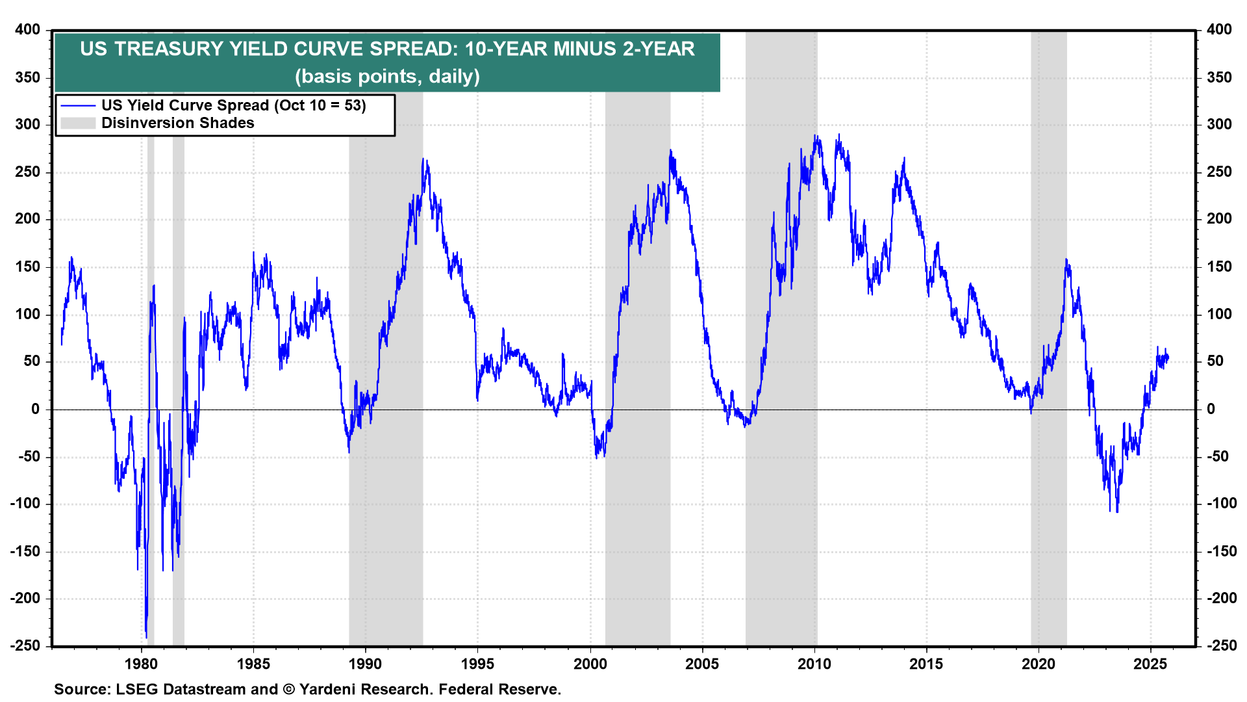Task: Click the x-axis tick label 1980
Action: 141,664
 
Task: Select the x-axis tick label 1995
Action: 477,664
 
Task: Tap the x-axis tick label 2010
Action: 814,664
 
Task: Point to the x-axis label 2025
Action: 1150,664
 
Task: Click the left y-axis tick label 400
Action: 28,29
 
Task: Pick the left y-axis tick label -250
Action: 25,645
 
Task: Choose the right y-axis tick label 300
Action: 1219,124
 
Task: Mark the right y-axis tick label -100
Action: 1222,503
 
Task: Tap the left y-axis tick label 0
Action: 35,409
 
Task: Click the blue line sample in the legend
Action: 78,105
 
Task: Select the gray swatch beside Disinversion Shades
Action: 78,123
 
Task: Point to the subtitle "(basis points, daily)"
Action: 387,76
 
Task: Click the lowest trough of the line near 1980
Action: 146,637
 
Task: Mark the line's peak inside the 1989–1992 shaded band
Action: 423,159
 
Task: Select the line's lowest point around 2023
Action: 1117,511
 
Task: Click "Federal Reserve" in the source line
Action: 499,689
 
